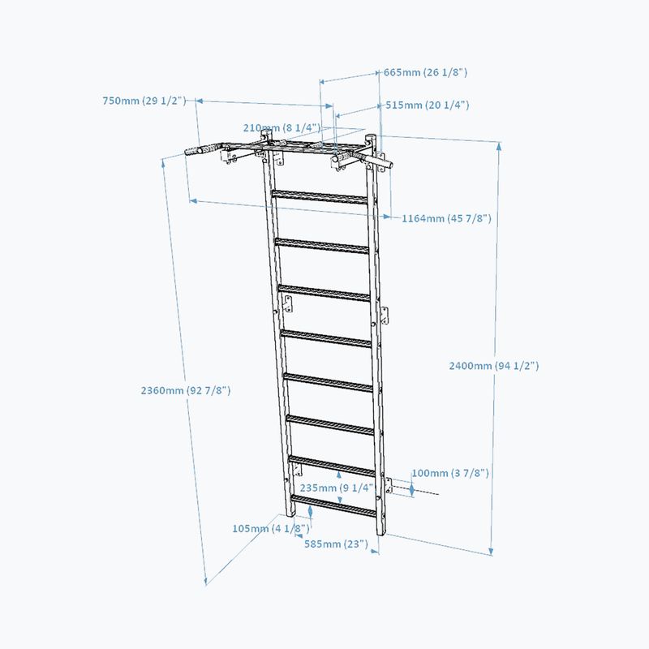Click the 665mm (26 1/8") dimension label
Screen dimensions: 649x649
[x=425, y=72]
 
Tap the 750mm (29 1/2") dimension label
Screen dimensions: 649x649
[x=144, y=101]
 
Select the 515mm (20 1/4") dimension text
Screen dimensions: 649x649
[x=428, y=105]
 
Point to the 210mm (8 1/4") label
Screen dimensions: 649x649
[x=282, y=127]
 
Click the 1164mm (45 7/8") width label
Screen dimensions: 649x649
[x=447, y=218]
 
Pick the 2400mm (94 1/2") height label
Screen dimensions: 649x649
[x=494, y=366]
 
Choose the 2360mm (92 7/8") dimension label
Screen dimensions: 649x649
[x=186, y=390]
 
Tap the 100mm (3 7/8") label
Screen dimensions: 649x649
[x=450, y=473]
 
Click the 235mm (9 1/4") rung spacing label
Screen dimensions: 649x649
[x=337, y=488]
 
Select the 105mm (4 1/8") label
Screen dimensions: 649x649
[x=271, y=529]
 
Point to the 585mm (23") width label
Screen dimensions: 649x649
[x=336, y=544]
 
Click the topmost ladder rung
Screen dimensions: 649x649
[x=319, y=197]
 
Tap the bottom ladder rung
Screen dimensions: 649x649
[x=333, y=505]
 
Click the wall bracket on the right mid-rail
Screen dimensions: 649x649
[x=385, y=316]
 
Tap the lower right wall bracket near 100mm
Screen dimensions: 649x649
[x=389, y=485]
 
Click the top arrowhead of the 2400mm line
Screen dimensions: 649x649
[x=499, y=145]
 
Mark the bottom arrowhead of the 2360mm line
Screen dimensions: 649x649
[x=206, y=582]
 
